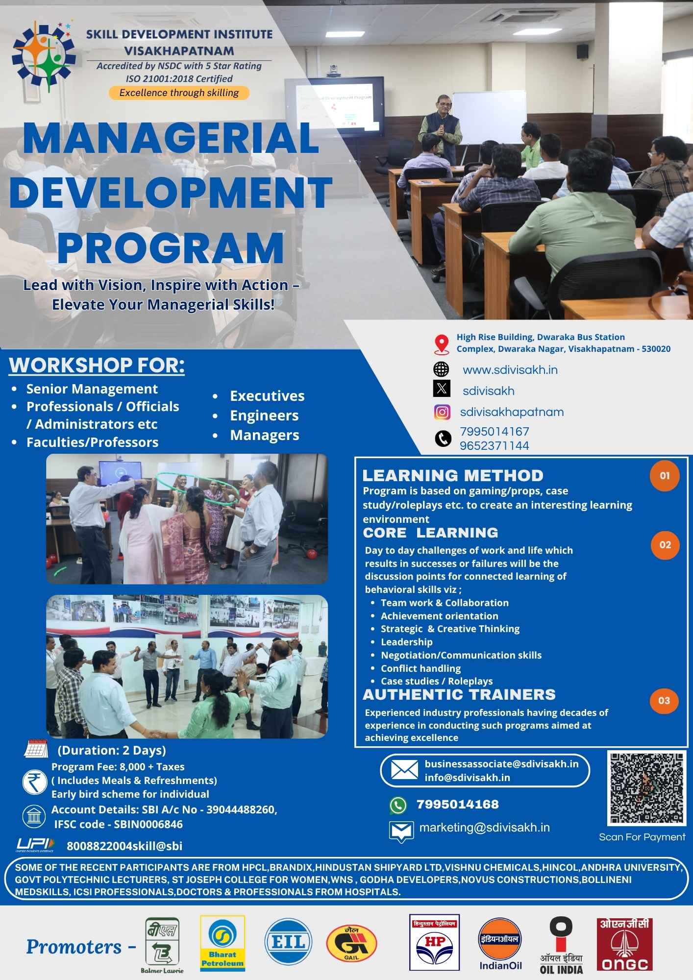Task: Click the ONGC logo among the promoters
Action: click(x=624, y=944)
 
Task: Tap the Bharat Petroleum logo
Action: click(x=222, y=943)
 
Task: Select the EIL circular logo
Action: click(x=288, y=942)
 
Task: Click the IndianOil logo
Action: click(x=500, y=944)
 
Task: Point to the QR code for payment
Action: click(x=646, y=788)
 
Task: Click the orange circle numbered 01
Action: click(x=664, y=475)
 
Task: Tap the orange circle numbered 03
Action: click(x=664, y=701)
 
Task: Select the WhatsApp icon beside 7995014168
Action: click(x=398, y=805)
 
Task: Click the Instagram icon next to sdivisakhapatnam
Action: click(x=442, y=412)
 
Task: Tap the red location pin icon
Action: click(x=442, y=344)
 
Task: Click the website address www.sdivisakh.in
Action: click(x=510, y=370)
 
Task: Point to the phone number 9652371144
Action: click(x=494, y=446)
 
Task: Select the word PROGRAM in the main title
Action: click(x=171, y=248)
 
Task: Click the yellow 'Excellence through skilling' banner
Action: click(x=179, y=93)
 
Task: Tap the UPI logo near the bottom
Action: click(x=35, y=844)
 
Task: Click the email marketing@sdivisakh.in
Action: click(x=484, y=828)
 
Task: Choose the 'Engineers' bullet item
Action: click(x=264, y=416)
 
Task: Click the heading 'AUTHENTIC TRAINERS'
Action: click(x=459, y=695)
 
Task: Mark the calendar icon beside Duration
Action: click(x=36, y=749)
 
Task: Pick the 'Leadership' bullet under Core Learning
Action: click(x=406, y=642)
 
